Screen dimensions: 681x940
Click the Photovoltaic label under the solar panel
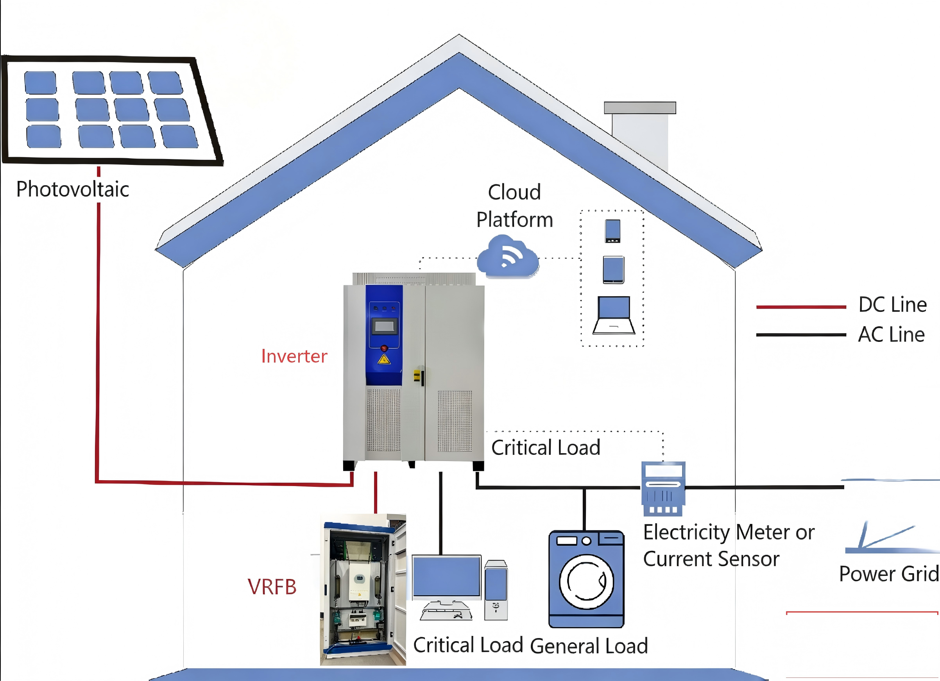click(x=73, y=189)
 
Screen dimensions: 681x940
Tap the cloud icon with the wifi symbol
click(x=508, y=256)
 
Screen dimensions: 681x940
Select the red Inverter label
click(x=294, y=357)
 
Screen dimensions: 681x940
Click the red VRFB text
click(x=272, y=587)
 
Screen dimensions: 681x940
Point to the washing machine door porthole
click(x=586, y=581)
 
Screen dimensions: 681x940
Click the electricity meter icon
click(x=663, y=488)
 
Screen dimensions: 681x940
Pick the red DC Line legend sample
click(x=801, y=307)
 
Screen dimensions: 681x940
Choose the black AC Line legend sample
click(x=801, y=335)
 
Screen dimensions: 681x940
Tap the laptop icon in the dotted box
click(x=614, y=315)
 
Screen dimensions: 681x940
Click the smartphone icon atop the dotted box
click(x=612, y=231)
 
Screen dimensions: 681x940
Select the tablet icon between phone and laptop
click(x=613, y=270)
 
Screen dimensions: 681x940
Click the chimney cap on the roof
click(x=640, y=108)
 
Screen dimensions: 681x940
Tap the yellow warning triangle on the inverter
click(x=384, y=359)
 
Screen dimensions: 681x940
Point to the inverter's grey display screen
click(x=384, y=326)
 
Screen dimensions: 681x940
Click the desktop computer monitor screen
click(x=446, y=577)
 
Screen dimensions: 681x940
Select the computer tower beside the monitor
click(x=496, y=590)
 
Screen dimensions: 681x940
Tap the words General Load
click(x=589, y=646)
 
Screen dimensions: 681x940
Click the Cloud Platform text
click(x=514, y=206)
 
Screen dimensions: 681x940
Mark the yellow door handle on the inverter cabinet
click(x=417, y=375)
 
